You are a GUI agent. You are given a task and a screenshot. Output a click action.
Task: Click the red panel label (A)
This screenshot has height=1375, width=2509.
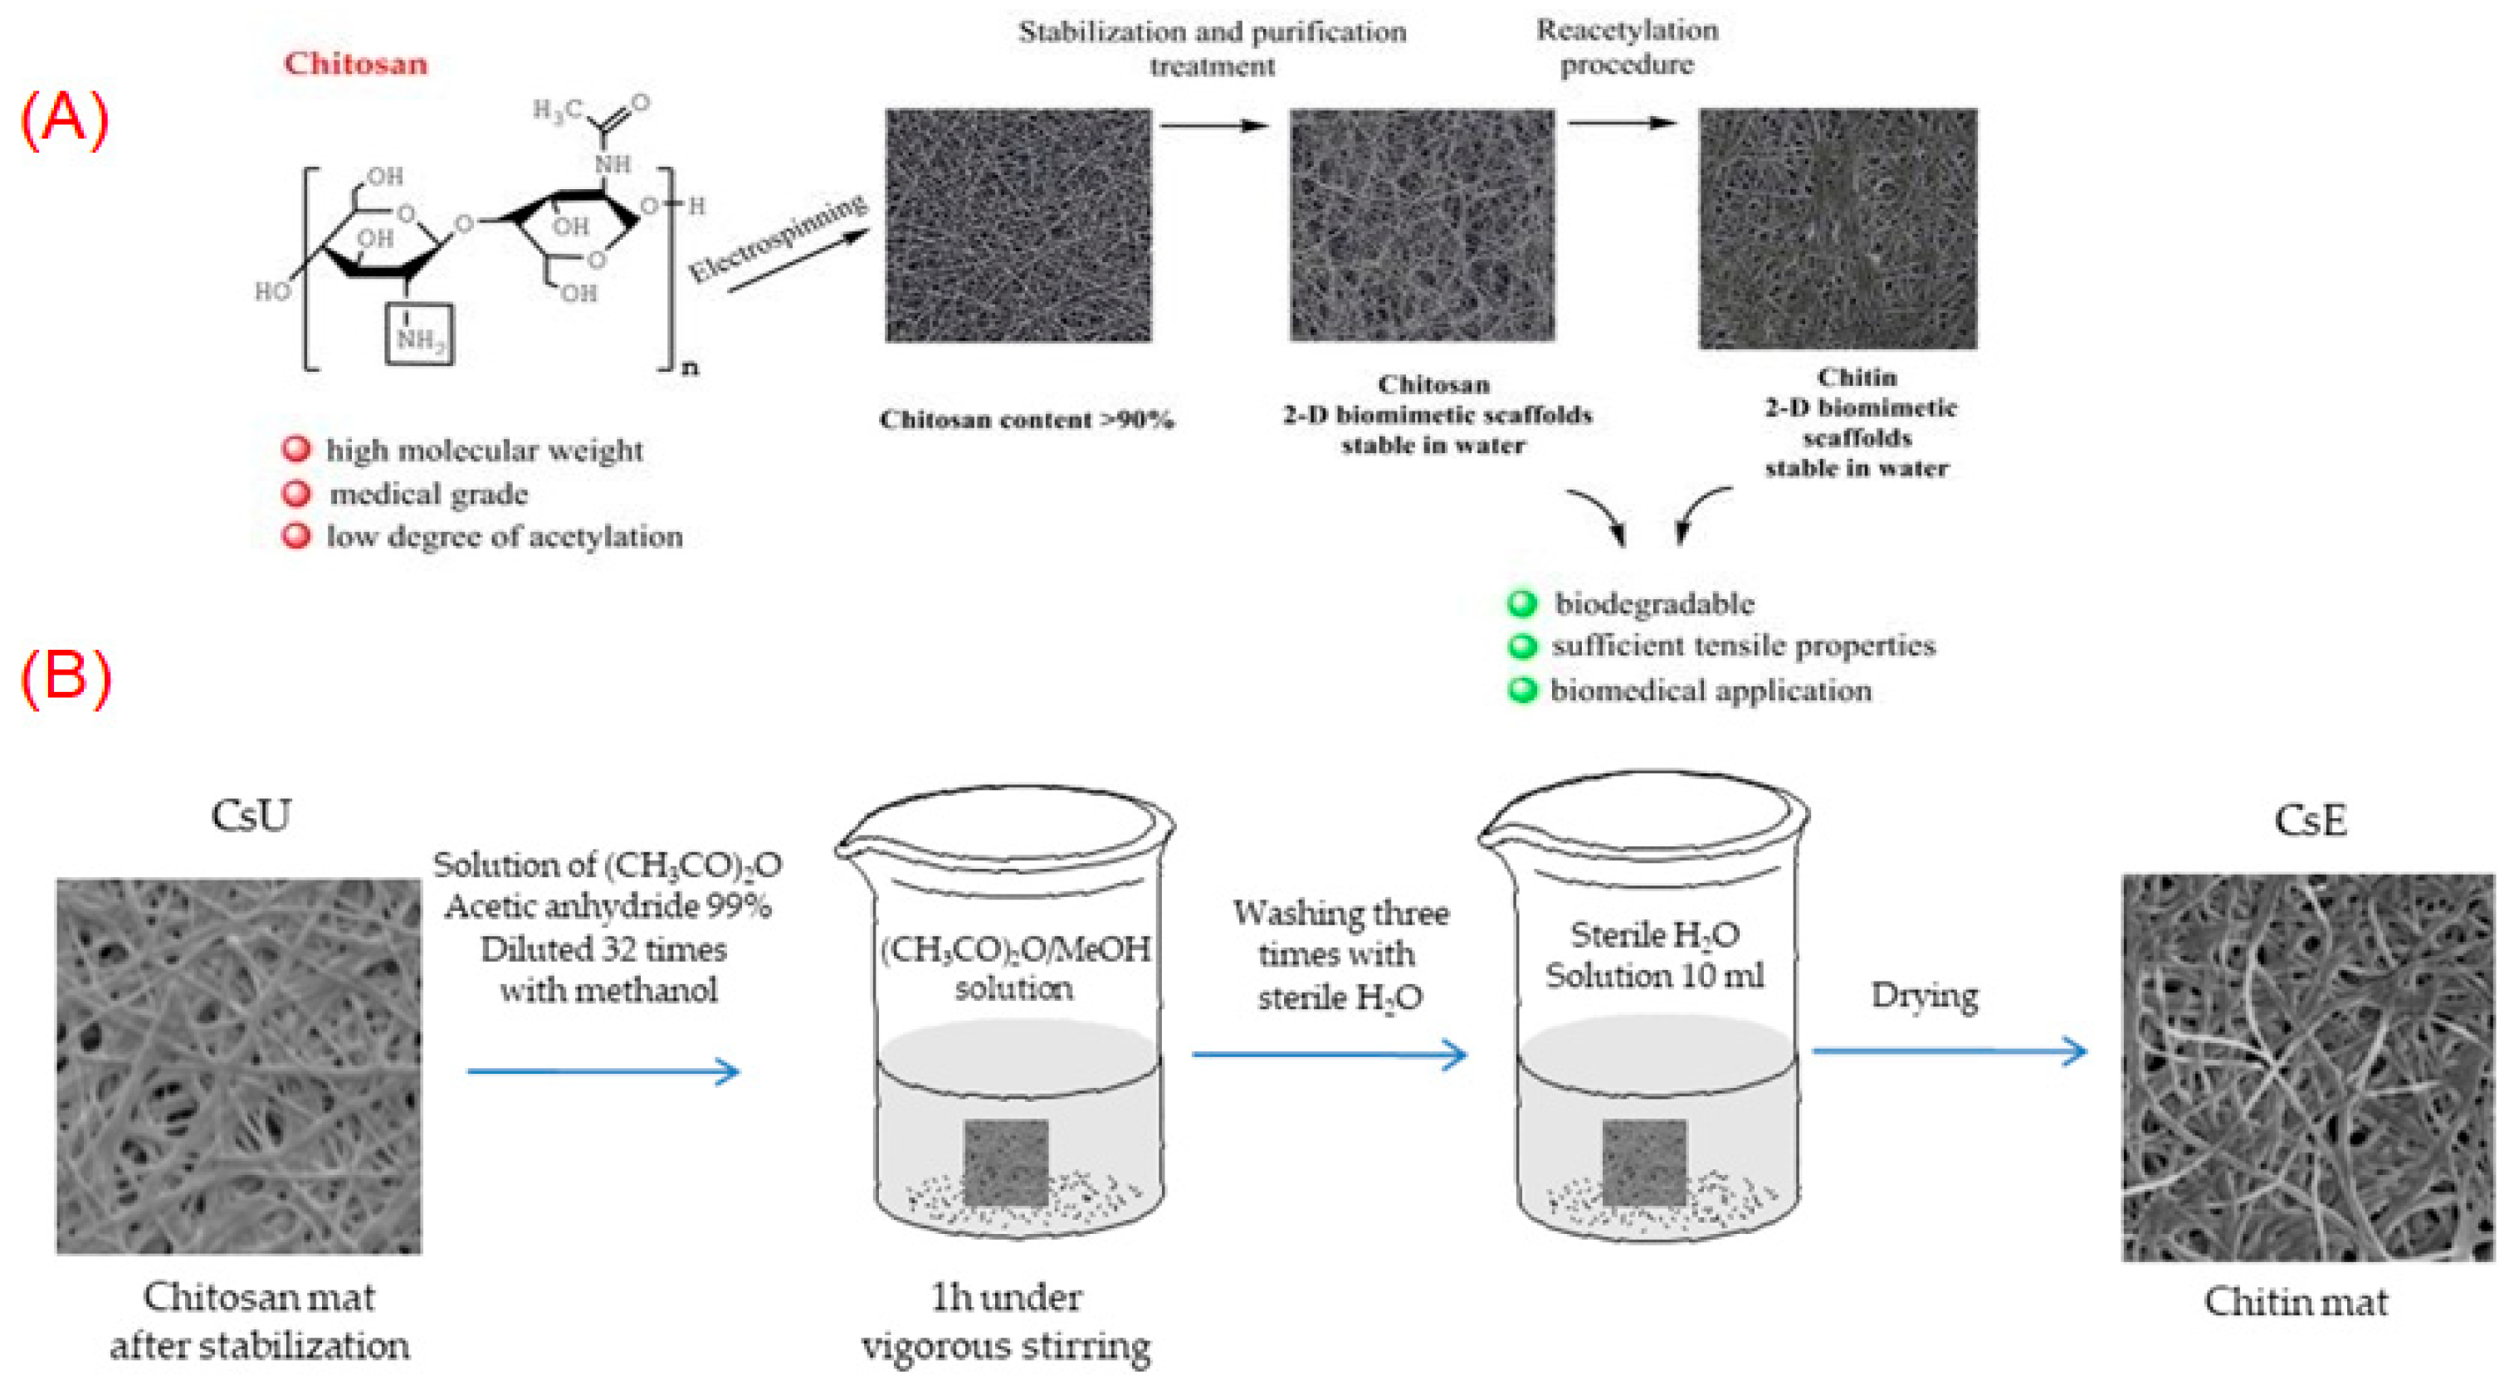click(64, 121)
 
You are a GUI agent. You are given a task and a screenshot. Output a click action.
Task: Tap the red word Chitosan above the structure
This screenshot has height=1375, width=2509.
click(355, 64)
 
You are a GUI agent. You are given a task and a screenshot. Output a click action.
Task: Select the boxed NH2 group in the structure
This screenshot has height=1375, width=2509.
click(419, 334)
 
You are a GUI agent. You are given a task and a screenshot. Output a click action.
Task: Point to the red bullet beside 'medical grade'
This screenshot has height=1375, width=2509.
click(296, 494)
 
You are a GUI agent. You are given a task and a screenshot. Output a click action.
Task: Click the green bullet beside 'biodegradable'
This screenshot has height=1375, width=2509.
click(1521, 604)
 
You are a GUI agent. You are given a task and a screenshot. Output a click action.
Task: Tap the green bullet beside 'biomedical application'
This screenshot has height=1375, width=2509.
click(1521, 690)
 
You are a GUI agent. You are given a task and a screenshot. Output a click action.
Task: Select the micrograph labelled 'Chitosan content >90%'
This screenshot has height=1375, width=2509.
click(1018, 226)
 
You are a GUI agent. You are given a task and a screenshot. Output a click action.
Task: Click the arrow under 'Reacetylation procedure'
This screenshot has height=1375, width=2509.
click(1622, 123)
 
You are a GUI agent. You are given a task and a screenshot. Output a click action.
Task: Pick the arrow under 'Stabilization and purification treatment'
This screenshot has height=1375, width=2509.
click(1214, 124)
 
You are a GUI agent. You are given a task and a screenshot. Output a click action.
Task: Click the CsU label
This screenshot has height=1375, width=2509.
click(251, 816)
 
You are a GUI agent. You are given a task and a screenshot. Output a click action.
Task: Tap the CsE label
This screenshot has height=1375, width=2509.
click(2309, 820)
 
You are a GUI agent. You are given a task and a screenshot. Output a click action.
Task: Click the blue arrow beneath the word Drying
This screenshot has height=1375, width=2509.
click(1949, 1051)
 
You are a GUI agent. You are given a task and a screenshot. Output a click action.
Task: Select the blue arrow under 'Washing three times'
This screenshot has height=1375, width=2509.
click(1330, 1054)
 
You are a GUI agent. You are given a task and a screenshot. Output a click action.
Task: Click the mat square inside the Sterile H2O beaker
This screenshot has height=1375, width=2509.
click(1644, 1162)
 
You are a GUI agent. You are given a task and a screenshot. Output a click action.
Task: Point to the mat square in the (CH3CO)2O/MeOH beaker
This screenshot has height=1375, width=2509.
click(1006, 1162)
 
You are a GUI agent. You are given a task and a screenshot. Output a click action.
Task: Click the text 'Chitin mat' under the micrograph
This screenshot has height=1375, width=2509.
click(2296, 1302)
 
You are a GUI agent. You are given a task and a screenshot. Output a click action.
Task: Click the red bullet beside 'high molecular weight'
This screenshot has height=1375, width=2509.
click(296, 450)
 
